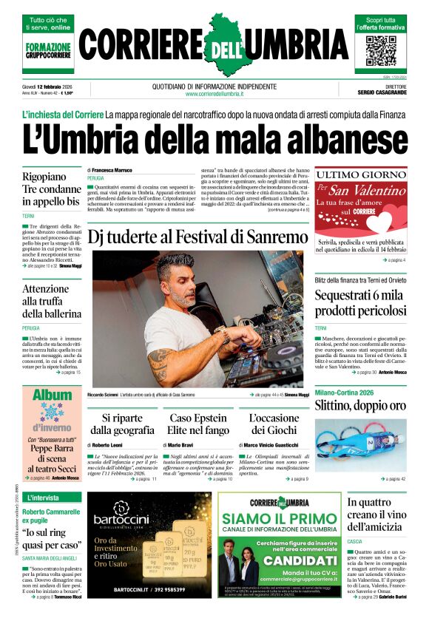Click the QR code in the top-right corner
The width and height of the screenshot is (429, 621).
(381, 50)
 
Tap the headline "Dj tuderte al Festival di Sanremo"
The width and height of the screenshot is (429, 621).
(197, 237)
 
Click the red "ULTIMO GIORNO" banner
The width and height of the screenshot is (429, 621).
(360, 174)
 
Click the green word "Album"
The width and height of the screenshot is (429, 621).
(52, 396)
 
